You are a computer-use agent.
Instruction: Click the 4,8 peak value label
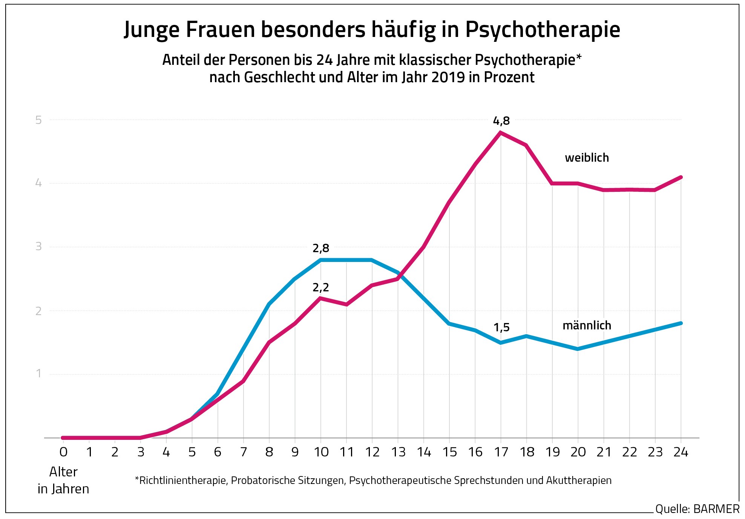(x=501, y=121)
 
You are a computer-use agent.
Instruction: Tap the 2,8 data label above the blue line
(x=320, y=248)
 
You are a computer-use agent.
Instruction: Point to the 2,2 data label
(x=320, y=288)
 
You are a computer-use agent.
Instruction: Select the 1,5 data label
(x=501, y=328)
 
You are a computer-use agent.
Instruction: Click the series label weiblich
(x=587, y=158)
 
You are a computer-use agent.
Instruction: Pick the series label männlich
(x=587, y=325)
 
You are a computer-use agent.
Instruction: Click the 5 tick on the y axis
(x=38, y=120)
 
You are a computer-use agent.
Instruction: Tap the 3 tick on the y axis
(x=38, y=246)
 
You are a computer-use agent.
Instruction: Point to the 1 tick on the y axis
(x=38, y=374)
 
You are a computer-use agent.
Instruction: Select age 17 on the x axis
(x=501, y=452)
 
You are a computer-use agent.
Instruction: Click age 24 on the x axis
(x=681, y=452)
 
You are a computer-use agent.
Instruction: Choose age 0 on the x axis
(x=63, y=452)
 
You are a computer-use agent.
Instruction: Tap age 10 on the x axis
(x=321, y=452)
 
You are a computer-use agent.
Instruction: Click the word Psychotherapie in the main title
(x=543, y=30)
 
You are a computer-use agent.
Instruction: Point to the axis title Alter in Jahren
(x=63, y=480)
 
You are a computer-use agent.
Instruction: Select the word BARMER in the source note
(x=716, y=509)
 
